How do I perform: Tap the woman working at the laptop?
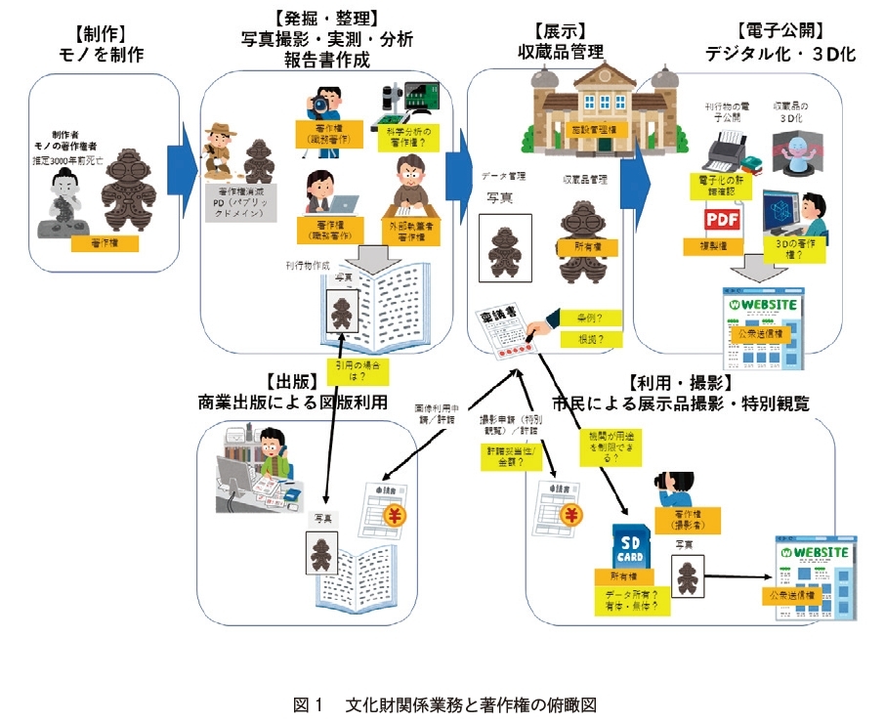[x=321, y=191]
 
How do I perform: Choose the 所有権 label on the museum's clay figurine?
[x=580, y=247]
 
